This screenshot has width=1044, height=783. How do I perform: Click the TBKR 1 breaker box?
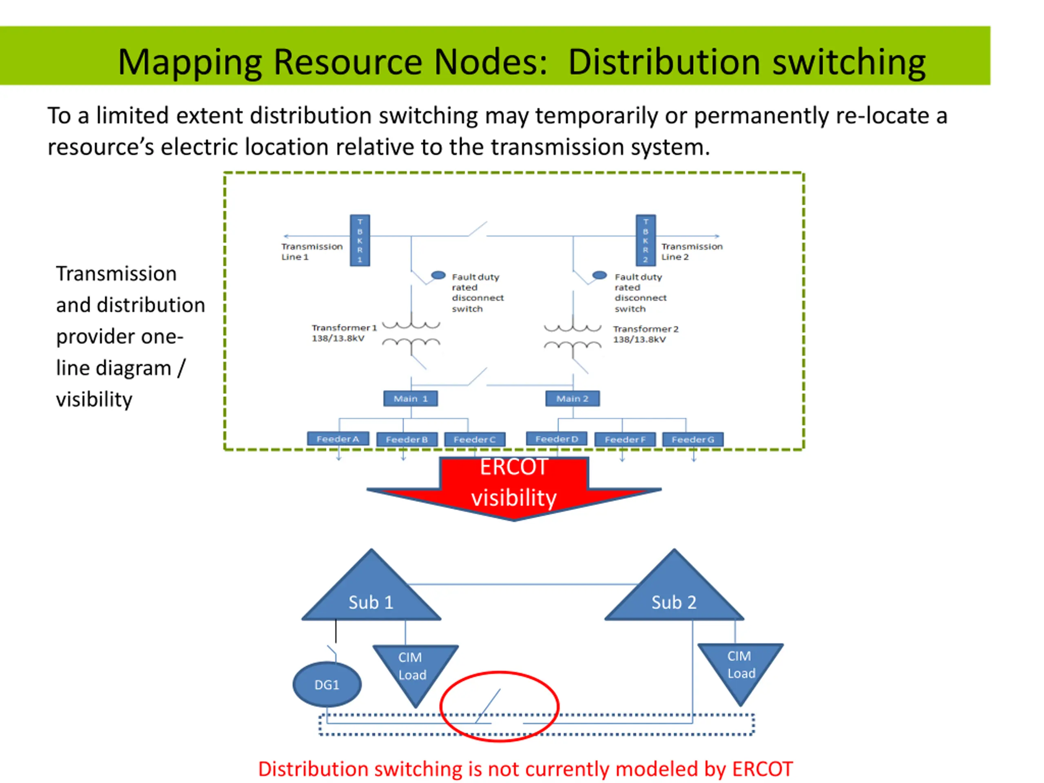click(x=360, y=240)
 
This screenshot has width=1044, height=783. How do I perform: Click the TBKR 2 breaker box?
click(x=646, y=240)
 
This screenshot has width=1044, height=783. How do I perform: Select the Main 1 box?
click(x=411, y=398)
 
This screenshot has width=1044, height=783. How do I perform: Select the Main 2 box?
click(x=573, y=398)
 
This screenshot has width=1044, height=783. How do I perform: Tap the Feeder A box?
click(x=338, y=438)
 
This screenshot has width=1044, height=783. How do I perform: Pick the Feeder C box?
click(x=475, y=439)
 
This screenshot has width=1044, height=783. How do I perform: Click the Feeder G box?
click(x=693, y=439)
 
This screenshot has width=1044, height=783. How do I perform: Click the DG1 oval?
click(x=327, y=684)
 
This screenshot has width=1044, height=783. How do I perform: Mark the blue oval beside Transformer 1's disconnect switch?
click(x=438, y=275)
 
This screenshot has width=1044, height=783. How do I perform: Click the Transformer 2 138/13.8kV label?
click(x=646, y=334)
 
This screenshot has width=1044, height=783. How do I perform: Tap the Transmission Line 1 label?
click(x=312, y=252)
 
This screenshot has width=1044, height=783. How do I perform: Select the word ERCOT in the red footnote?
click(x=762, y=769)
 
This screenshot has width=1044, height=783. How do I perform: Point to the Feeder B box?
click(x=407, y=439)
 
